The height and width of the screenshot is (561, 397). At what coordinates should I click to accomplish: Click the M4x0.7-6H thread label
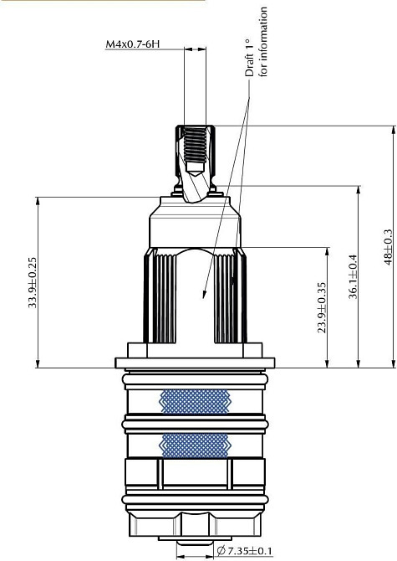[132, 44]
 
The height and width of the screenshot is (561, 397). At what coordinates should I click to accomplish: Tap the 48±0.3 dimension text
[388, 247]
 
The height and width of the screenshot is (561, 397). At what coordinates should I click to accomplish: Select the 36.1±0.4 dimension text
[353, 276]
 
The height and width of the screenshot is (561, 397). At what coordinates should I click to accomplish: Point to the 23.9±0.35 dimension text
[322, 307]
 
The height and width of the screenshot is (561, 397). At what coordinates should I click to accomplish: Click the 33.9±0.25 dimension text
[33, 282]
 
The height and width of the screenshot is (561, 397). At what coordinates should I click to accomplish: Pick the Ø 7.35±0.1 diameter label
[244, 550]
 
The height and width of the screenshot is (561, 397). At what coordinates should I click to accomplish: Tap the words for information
[263, 41]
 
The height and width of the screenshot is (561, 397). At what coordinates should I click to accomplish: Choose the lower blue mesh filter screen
[195, 445]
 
